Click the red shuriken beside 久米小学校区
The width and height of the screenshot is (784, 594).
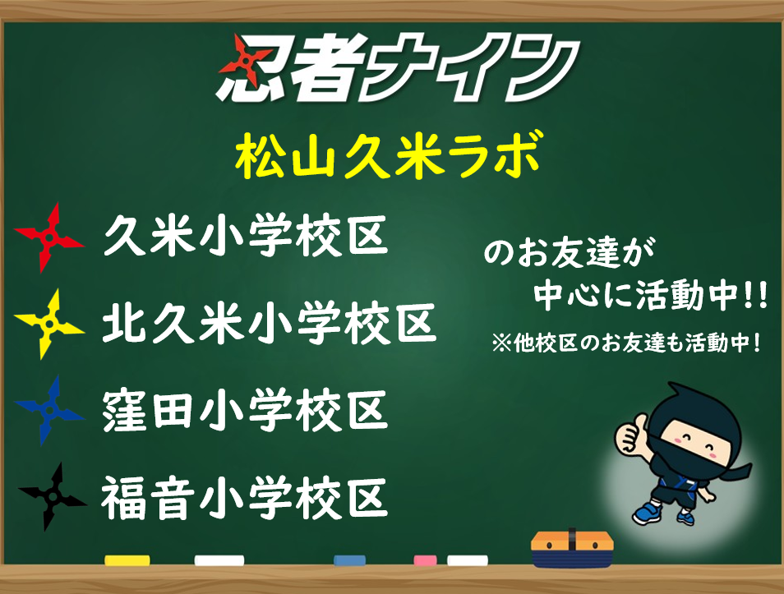point(49,238)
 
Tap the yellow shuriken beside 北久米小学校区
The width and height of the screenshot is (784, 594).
point(49,324)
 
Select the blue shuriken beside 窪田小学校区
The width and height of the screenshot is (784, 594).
point(49,411)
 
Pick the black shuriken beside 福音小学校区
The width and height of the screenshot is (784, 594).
point(52,496)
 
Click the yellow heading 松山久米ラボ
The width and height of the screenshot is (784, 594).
point(389,155)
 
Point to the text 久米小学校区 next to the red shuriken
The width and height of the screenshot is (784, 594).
point(246,236)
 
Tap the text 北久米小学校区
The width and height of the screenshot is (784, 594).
point(270,323)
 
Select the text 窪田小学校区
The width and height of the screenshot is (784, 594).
point(245,410)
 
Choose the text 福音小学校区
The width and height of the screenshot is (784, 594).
point(245,497)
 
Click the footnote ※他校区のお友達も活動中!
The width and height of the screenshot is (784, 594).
point(626,343)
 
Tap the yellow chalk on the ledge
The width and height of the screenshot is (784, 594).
point(127,560)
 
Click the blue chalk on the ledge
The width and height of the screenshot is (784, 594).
point(349,560)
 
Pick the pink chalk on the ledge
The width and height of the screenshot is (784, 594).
point(425,560)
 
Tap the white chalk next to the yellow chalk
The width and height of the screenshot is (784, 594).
point(219,560)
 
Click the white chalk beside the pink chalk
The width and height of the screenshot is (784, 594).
point(468,560)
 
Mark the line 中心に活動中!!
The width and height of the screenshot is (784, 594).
point(651,296)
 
